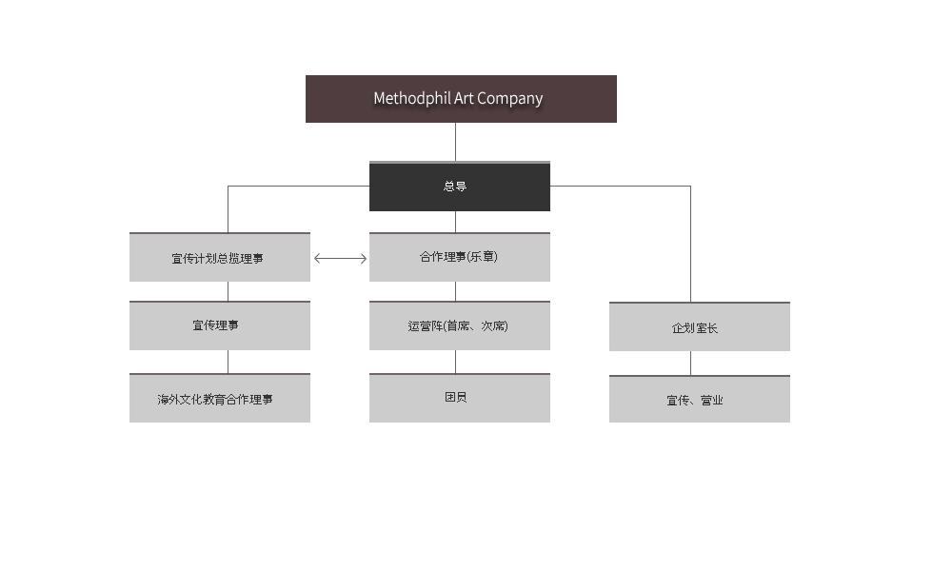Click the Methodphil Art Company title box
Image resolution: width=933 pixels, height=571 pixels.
461,99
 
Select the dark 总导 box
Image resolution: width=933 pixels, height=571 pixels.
459,187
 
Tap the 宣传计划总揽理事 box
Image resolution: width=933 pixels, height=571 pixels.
220,257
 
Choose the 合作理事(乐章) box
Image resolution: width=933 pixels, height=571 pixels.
459,257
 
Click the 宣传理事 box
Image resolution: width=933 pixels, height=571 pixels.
220,325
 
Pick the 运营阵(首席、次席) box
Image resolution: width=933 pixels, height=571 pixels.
459,325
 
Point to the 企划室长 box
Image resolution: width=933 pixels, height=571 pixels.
699,326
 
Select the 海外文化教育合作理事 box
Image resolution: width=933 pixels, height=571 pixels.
220,398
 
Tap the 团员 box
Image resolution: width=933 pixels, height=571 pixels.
459,398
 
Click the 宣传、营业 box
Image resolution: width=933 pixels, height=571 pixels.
699,399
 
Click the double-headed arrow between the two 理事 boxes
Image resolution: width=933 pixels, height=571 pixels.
341,258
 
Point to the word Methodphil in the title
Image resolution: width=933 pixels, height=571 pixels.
411,99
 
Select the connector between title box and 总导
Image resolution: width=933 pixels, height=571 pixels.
456,142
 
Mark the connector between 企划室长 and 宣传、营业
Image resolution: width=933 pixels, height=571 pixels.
691,364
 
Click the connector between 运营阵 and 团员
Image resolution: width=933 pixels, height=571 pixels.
456,362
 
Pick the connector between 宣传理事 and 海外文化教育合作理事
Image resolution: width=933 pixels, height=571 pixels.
228,362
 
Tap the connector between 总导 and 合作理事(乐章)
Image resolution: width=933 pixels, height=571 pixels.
456,222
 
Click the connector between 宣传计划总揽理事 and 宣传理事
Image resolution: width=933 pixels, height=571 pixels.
228,291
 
